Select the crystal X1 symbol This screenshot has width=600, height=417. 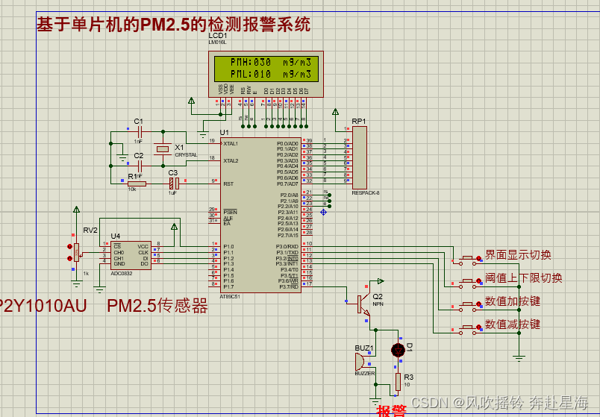[x=163, y=149]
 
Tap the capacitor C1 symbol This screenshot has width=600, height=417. [x=138, y=131]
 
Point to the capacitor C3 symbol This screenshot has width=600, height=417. [x=172, y=183]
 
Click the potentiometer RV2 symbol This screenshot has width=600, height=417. [x=75, y=250]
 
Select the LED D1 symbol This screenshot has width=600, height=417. [x=398, y=349]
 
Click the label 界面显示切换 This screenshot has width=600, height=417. [x=518, y=255]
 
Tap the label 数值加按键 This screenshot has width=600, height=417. [x=513, y=302]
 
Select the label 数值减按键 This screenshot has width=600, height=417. [x=513, y=324]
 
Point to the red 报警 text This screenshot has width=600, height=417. [x=392, y=410]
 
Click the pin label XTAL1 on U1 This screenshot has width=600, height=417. [x=231, y=143]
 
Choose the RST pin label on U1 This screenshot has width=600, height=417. [x=228, y=184]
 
